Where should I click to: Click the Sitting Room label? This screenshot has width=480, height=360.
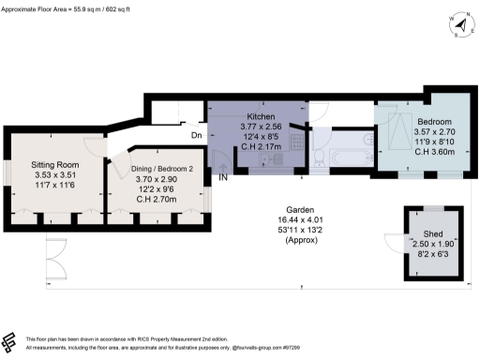pyautogui.click(x=54, y=162)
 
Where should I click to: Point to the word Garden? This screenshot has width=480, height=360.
pyautogui.click(x=274, y=210)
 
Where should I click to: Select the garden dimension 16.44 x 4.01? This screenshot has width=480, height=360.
pyautogui.click(x=274, y=220)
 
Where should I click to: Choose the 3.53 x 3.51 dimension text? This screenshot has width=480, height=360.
pyautogui.click(x=54, y=172)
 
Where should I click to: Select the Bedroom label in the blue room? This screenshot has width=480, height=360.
pyautogui.click(x=434, y=123)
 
